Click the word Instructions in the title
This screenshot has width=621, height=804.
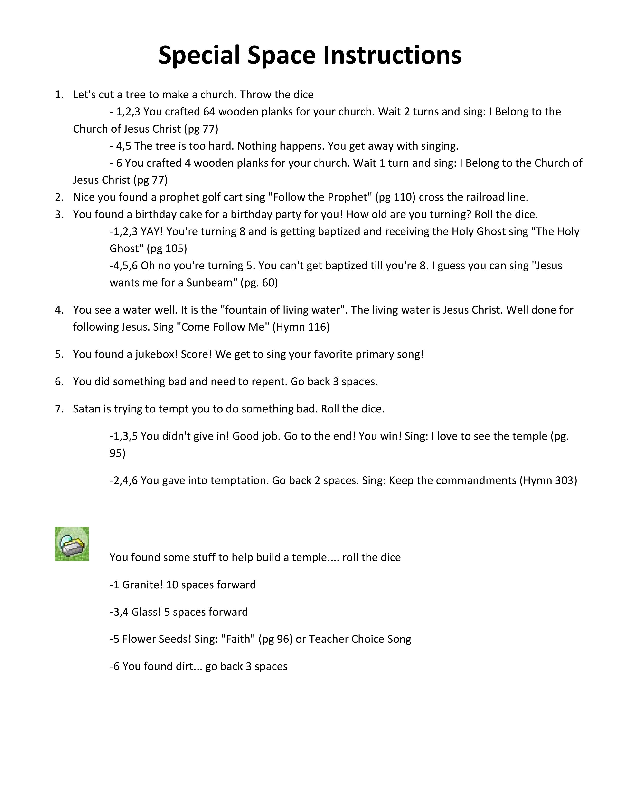point(392,55)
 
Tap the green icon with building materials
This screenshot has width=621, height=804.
point(72,544)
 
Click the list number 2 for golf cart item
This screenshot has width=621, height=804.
point(59,197)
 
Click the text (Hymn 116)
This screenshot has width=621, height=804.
point(301,327)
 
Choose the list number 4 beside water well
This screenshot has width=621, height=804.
point(59,310)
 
